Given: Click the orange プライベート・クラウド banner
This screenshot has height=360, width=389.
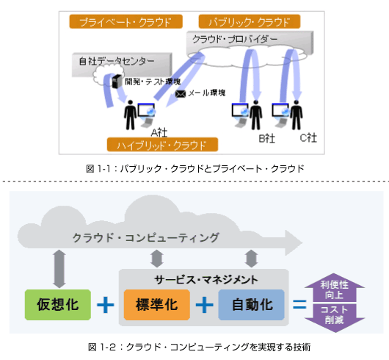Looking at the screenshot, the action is [126, 21].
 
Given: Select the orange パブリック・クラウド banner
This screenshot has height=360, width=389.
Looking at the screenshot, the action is [250, 21].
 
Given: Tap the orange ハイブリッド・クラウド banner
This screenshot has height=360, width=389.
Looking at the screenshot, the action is [162, 145].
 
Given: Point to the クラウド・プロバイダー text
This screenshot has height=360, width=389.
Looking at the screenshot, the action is [235, 39].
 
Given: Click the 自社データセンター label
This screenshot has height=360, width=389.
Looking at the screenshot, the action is [117, 61].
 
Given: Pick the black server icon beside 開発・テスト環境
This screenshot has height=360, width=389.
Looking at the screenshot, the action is [117, 82].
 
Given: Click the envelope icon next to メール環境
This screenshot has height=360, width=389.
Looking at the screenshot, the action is [181, 94].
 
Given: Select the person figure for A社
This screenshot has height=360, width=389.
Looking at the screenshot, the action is [130, 115].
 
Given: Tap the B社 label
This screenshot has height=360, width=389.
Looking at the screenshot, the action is [266, 139].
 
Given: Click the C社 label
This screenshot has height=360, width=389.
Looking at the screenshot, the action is [308, 138].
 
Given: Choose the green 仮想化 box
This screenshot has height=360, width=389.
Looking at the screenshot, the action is [58, 305].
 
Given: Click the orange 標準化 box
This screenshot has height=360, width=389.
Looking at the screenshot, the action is [157, 305].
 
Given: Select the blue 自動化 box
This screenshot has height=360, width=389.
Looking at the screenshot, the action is [251, 305].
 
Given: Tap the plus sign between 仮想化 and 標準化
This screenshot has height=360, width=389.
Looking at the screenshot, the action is [106, 305].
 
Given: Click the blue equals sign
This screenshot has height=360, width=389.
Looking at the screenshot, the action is [299, 304].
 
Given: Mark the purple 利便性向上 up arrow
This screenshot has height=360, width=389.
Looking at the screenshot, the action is [335, 287].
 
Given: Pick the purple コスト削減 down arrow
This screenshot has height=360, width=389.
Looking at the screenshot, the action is [335, 318].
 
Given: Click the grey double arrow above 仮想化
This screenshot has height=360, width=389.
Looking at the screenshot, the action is [59, 269].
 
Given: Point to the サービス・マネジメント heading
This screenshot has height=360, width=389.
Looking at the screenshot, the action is [206, 280].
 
